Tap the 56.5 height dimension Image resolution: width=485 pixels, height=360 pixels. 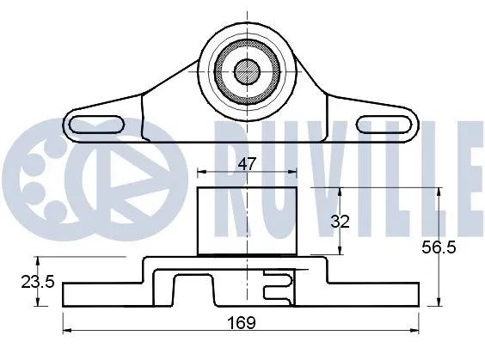[461, 248]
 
